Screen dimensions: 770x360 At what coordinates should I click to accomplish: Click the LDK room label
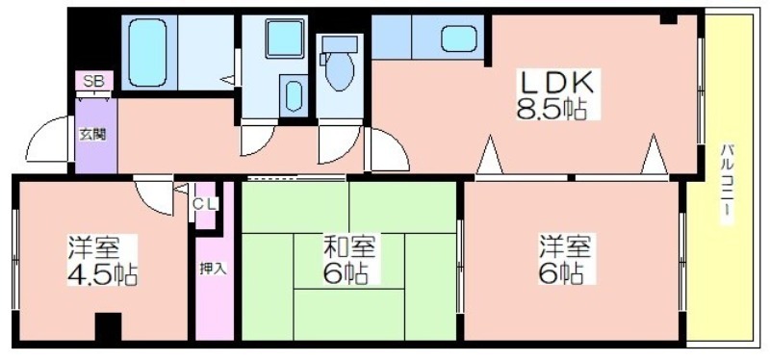coord(557,85)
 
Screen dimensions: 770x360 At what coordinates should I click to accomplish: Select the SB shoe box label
coord(93,82)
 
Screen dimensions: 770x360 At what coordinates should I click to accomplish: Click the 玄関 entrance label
coord(92,135)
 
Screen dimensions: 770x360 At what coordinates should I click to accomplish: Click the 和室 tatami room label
coord(348,247)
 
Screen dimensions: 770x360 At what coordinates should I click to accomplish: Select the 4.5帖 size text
coord(102,275)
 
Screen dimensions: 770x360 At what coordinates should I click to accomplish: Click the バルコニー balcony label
coord(728,184)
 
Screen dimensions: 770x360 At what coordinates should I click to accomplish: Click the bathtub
coord(147,53)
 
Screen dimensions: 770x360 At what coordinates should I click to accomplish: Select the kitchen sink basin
coord(459,39)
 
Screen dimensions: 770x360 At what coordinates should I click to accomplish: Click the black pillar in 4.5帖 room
coord(108,327)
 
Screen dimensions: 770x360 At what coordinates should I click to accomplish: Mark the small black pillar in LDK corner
coord(668,19)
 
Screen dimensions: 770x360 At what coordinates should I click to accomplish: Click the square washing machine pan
coord(285,39)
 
